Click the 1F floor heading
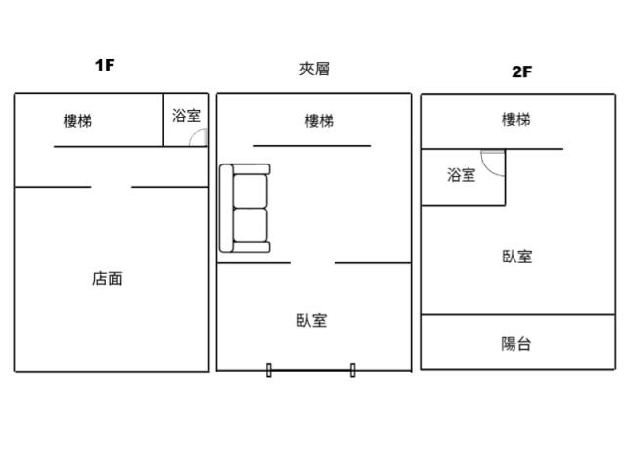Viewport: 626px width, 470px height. pos(105,66)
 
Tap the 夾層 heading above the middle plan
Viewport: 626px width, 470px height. pos(314,69)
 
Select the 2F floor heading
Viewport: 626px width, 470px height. pos(521,70)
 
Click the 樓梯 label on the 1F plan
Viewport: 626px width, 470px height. pos(78,121)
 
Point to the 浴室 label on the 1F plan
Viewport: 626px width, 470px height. pos(186,116)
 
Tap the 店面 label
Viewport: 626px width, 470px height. pos(108,279)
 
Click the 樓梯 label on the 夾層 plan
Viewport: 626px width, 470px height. pos(319,121)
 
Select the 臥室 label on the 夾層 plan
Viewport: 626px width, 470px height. pos(312,320)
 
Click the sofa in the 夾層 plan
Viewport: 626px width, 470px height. pos(245,208)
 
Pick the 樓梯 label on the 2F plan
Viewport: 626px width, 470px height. pos(516,119)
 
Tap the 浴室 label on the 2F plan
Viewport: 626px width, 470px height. pos(462,176)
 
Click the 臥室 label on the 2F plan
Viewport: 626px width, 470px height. pos(517,257)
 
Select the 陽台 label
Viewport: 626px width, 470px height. pos(516,344)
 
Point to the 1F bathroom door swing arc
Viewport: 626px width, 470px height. pos(198,137)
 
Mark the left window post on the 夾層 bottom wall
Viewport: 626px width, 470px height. pos(269,370)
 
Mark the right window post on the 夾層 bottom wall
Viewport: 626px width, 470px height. pos(352,370)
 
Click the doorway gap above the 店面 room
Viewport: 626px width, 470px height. pos(112,187)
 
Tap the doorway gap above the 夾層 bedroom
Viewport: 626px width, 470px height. pos(313,262)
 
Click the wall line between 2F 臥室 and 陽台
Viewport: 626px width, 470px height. pos(517,315)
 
